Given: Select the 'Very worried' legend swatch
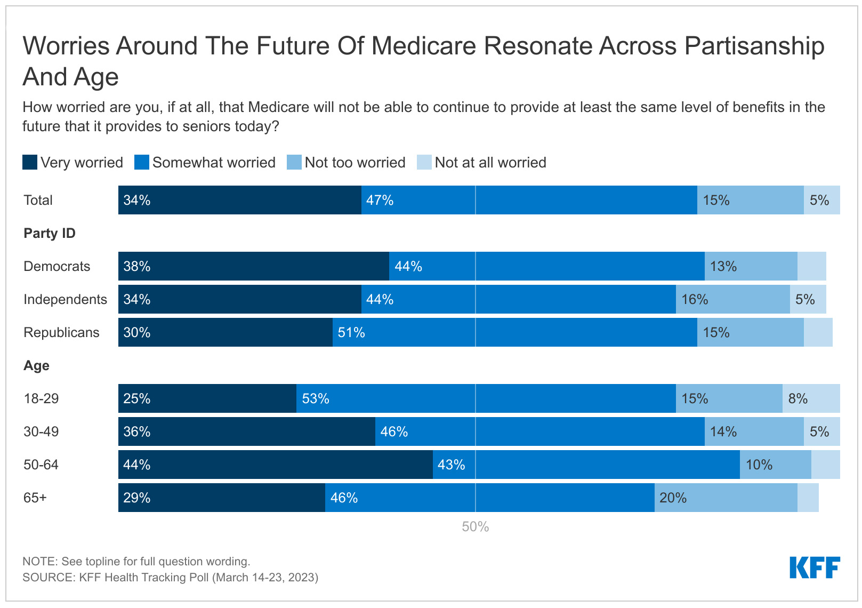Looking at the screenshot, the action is coord(30,162).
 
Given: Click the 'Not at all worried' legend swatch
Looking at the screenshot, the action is coord(424,162).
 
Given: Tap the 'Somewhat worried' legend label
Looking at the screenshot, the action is coord(214,163).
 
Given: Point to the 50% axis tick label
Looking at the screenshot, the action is coord(476,526).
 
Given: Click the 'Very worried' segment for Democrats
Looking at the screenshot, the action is coord(254,266).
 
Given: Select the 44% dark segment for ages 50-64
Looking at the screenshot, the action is coord(276,465).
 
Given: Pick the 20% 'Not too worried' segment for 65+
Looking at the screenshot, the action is coord(726,498).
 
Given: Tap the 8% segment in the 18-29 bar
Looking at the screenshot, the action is coord(811,398).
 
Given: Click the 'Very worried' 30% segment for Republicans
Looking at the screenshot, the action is coord(225,332).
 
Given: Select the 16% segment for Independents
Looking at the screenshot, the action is coord(732,299).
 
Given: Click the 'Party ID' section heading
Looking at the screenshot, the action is coord(50,233).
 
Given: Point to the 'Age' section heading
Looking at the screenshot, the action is coord(37,365).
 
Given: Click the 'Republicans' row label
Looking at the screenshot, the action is coord(62,332).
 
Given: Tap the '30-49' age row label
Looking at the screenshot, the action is coord(41,431).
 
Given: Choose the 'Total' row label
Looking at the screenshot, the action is coord(38,200).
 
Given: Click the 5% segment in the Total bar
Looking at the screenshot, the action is coord(822,200).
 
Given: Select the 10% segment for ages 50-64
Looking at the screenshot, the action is coord(776,465).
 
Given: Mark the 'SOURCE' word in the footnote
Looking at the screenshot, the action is coord(48,577).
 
